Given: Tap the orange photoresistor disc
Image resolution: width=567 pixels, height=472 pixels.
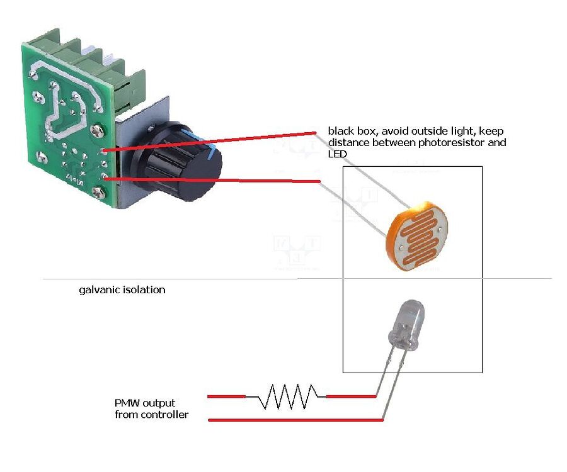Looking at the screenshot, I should [x=420, y=235].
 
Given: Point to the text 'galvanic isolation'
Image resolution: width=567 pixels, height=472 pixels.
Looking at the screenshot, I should [x=122, y=290].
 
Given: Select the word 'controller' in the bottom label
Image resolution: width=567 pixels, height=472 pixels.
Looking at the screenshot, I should [x=165, y=415].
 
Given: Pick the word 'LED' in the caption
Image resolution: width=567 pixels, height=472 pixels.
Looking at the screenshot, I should [x=337, y=154].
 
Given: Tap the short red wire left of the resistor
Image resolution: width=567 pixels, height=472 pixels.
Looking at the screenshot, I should [x=226, y=396].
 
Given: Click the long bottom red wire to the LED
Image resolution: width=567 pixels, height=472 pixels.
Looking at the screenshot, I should [x=296, y=420].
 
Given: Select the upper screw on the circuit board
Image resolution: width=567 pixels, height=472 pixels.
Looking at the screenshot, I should [x=96, y=130].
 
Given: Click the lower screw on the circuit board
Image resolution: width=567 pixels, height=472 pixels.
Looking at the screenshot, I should [x=98, y=191].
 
